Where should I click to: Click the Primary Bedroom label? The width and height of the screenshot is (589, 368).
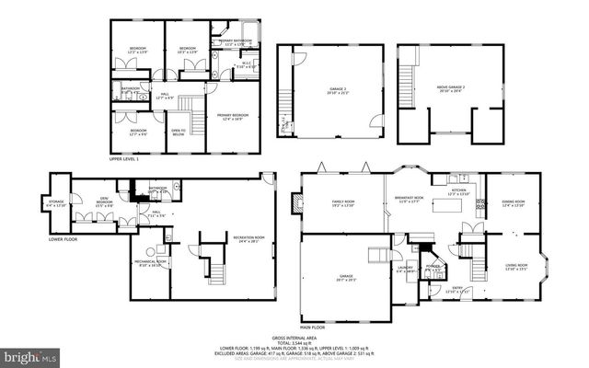coord(234,116)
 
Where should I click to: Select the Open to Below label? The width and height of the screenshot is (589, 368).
coord(179,132)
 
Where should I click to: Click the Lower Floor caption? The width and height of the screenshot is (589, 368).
coord(64,239)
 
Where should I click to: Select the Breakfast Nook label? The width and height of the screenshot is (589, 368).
coord(409,200)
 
